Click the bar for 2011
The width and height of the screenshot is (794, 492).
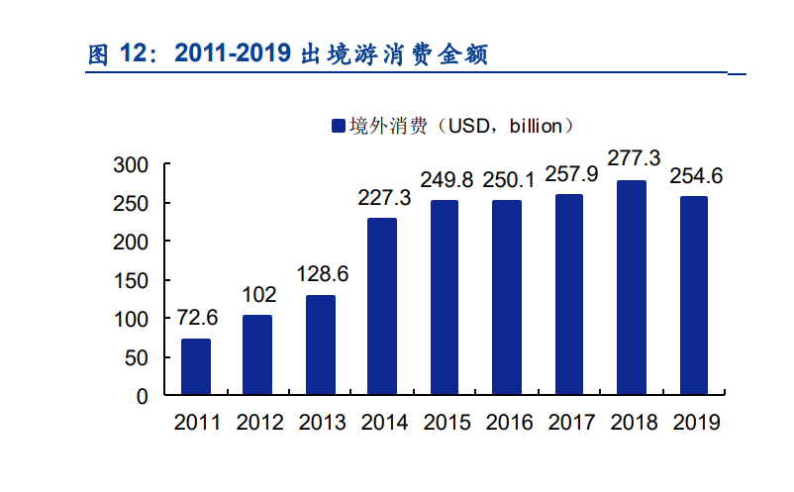(195, 367)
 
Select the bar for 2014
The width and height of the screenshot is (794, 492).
(382, 307)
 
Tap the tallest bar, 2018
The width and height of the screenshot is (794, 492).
(632, 288)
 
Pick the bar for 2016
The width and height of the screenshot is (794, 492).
(507, 298)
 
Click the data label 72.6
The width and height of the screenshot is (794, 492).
(197, 318)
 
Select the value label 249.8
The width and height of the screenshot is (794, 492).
(446, 180)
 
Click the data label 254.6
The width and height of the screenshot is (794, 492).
(696, 176)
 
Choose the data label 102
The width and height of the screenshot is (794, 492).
(258, 295)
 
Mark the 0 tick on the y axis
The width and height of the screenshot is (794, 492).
(142, 396)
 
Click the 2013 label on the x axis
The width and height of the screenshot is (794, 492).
(322, 423)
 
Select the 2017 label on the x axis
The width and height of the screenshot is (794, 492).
(571, 423)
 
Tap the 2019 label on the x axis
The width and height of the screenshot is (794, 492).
(696, 423)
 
